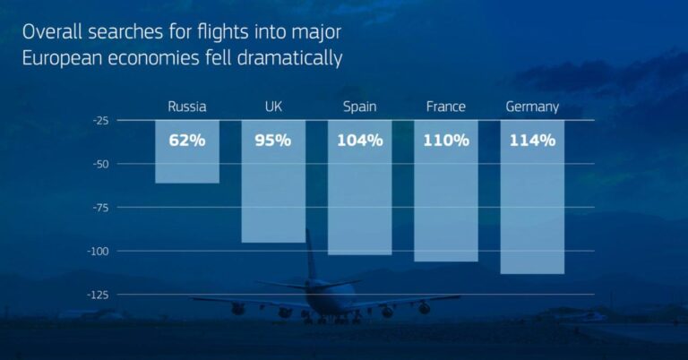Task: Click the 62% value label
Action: point(187,140)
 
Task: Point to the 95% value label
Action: point(273,140)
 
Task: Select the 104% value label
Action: point(360,140)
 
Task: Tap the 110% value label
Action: point(446,140)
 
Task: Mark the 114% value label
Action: point(532,140)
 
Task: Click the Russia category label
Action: point(187,107)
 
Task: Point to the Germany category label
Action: point(532,107)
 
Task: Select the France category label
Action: point(446,107)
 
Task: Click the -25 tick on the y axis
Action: point(100,120)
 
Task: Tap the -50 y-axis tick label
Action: point(100,164)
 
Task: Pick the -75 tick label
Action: point(100,207)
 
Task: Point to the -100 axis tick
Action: point(99,251)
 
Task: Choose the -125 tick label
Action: point(99,294)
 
